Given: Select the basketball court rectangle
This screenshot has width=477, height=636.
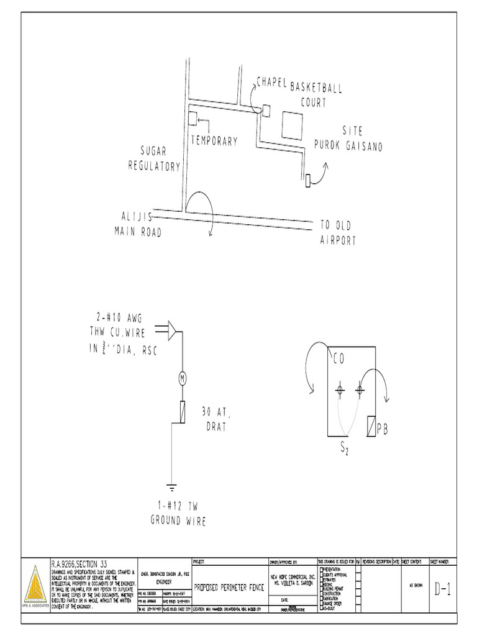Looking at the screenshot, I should click(x=292, y=125).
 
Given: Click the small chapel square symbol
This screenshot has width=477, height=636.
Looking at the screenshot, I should click(x=266, y=111).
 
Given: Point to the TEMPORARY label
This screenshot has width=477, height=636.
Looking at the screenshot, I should click(x=214, y=141).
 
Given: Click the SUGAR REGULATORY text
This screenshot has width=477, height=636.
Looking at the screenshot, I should click(x=155, y=158).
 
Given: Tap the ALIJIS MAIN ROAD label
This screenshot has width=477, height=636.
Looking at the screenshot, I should click(x=138, y=224).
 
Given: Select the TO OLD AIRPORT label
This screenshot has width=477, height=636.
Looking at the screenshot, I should click(x=338, y=233).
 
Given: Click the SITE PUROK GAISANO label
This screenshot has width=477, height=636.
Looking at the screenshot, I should click(x=348, y=139).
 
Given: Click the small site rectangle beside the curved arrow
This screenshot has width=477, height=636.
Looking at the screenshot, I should click(x=307, y=180).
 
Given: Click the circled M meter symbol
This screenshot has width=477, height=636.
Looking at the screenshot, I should click(x=183, y=378).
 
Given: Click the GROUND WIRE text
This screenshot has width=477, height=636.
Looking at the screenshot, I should click(x=178, y=520).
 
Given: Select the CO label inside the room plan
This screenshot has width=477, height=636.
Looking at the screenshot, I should click(x=338, y=359).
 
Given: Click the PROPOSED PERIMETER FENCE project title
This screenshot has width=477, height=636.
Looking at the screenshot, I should click(x=230, y=586).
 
